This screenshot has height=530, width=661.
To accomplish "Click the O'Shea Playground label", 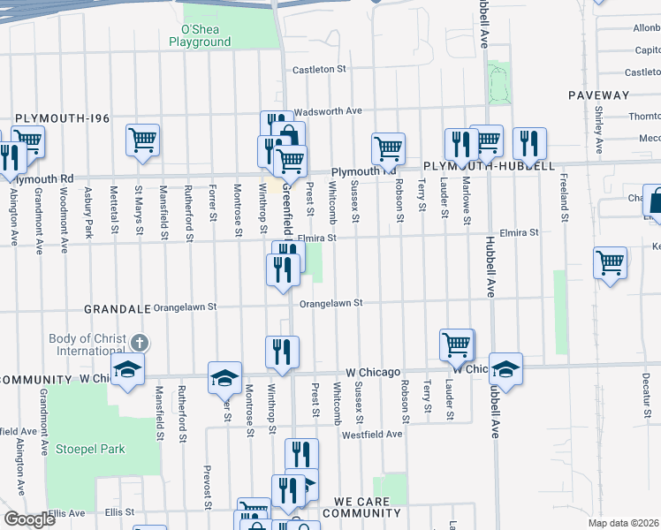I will (200, 35).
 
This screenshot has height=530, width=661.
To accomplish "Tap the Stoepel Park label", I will (90, 449).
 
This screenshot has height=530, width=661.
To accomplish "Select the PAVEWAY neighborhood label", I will (598, 95).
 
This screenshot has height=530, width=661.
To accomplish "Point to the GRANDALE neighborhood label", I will (118, 310).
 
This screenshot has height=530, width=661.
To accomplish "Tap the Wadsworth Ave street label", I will (328, 111).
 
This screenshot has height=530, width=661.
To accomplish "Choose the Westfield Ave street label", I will (372, 434).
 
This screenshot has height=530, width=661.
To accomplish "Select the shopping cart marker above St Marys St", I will (142, 140).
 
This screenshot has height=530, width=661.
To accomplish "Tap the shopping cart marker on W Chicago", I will (457, 346).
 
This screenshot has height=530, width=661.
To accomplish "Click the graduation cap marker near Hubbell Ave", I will (505, 370).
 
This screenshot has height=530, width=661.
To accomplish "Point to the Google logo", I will (29, 519).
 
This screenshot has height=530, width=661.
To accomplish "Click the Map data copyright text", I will (624, 523).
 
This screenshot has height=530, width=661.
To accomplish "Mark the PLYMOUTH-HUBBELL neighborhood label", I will (489, 166).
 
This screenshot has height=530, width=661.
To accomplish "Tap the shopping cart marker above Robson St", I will (388, 149).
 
